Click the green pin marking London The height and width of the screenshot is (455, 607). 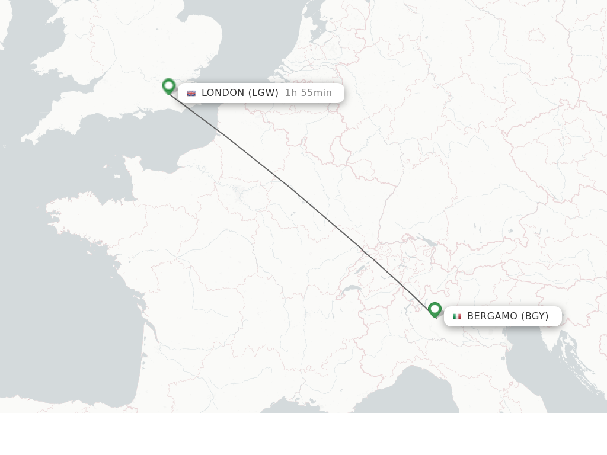[168, 86]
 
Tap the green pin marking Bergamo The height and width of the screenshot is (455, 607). [435, 309]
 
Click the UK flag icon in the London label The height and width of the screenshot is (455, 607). [191, 93]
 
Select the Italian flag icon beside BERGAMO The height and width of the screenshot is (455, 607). [457, 316]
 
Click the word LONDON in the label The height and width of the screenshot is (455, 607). [223, 92]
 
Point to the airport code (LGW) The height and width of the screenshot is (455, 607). [263, 92]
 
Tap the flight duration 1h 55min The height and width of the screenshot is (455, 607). [308, 92]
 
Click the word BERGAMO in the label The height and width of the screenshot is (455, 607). [492, 316]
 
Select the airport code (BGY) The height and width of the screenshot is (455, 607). [535, 316]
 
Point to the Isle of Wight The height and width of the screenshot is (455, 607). [141, 110]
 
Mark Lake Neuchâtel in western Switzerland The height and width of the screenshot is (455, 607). [359, 270]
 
